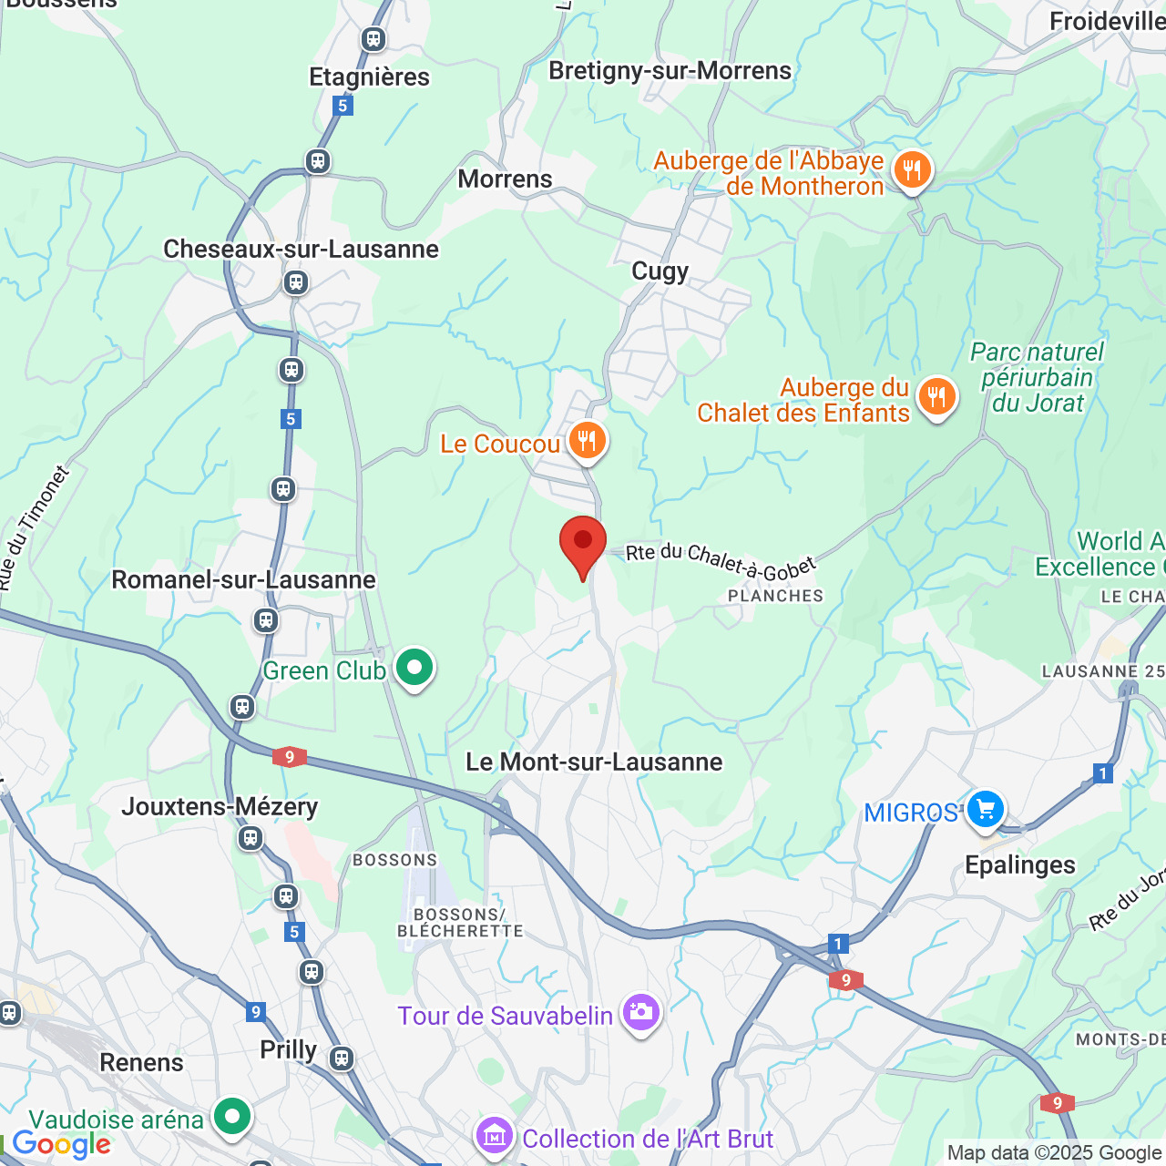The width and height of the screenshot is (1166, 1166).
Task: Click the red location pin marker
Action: (x=583, y=544)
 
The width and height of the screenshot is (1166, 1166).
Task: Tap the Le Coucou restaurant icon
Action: (x=588, y=441)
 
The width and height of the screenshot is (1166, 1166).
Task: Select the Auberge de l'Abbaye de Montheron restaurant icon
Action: (x=912, y=169)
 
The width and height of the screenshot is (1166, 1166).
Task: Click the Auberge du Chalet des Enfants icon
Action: (x=936, y=397)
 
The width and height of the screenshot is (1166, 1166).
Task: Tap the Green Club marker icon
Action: (x=414, y=669)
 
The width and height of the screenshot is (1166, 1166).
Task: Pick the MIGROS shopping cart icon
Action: (x=985, y=809)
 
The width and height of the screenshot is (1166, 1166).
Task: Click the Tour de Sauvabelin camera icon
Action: (x=640, y=1013)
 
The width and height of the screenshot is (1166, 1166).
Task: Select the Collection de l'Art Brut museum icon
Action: (x=494, y=1137)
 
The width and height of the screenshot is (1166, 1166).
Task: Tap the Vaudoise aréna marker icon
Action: (x=232, y=1116)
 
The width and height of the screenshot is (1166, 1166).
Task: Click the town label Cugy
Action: (x=660, y=271)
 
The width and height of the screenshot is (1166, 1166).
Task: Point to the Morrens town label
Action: (x=505, y=179)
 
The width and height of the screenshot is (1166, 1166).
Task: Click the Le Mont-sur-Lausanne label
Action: (x=594, y=762)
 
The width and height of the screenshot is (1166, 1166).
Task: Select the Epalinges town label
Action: (x=1019, y=864)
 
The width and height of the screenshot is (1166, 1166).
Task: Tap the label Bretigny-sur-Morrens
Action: (x=670, y=71)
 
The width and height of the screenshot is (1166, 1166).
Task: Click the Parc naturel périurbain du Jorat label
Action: (x=1037, y=377)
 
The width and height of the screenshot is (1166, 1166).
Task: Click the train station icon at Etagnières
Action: (x=373, y=39)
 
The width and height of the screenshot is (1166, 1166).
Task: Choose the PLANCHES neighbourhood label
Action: (x=775, y=596)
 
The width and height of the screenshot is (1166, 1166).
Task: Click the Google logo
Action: (x=61, y=1145)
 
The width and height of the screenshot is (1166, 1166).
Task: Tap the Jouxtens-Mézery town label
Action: (x=220, y=806)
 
